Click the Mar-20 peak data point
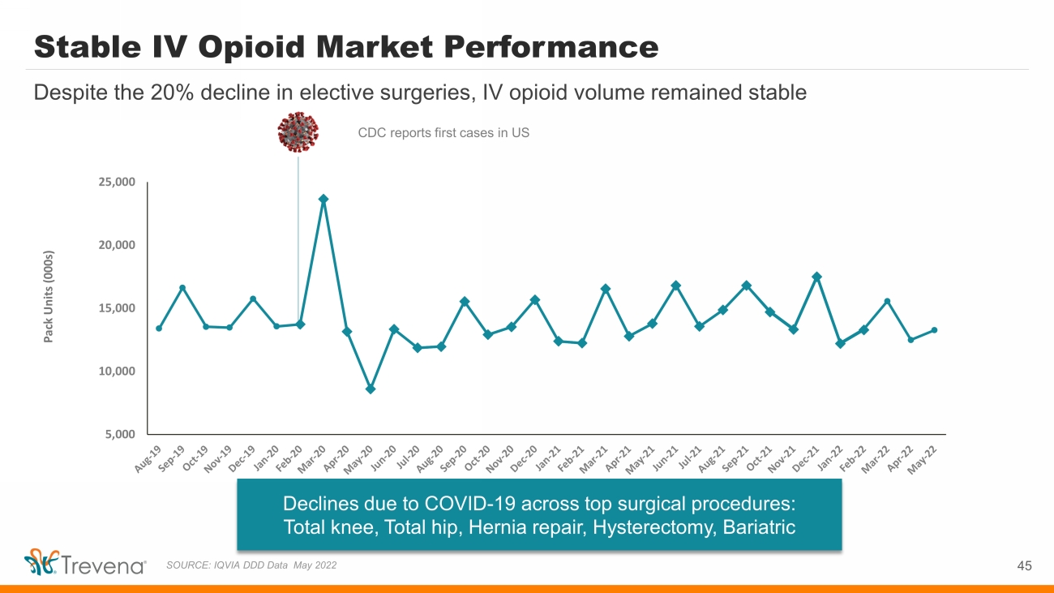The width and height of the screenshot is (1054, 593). (x=323, y=199)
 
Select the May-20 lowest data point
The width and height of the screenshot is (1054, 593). (x=371, y=389)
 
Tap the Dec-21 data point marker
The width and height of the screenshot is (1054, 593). (x=816, y=277)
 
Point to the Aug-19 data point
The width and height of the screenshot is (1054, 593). (x=159, y=329)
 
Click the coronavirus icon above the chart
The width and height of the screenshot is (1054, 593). (x=298, y=131)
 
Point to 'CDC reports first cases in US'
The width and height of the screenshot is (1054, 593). (x=443, y=133)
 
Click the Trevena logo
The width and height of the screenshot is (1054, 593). (x=84, y=564)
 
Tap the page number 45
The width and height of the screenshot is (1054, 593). (x=1024, y=565)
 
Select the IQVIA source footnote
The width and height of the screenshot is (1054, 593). (x=251, y=565)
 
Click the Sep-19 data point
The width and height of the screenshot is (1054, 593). (x=182, y=288)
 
